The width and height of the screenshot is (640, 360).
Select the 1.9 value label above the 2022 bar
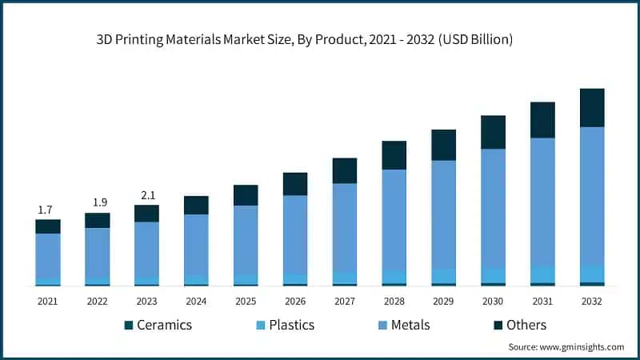point(98,203)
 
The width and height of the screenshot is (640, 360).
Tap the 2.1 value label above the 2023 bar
point(147,195)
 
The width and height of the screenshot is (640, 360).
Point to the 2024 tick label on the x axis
point(196,302)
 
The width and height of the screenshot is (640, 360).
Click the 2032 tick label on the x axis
point(592,302)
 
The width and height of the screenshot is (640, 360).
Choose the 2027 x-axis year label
point(345,302)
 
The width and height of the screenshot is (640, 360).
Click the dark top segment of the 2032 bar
point(592,107)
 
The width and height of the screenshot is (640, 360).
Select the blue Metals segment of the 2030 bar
point(493,208)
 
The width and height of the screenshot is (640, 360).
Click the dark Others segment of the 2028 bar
point(394,155)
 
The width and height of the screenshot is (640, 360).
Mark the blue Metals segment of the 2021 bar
point(48,256)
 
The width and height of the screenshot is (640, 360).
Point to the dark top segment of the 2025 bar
point(246,195)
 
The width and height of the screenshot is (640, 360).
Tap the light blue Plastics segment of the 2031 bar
point(542,274)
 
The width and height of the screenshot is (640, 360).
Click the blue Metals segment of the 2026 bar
point(295,234)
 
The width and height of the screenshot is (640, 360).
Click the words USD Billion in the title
point(477,38)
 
